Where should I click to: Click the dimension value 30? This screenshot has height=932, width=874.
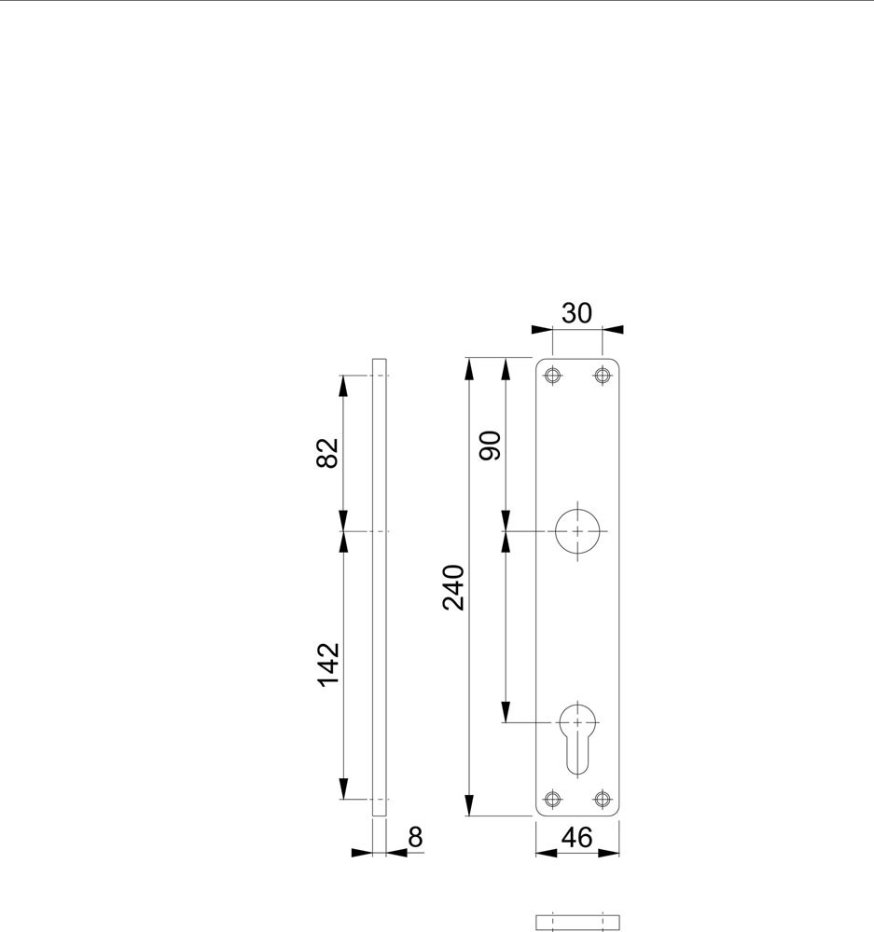576,313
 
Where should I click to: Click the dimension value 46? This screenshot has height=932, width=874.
576,838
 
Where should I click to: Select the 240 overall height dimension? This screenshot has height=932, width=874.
453,587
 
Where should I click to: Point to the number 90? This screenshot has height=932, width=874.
491,445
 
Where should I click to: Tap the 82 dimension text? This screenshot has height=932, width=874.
327,453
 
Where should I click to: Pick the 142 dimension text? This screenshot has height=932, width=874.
327,665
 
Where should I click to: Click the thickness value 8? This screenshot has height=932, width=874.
415,838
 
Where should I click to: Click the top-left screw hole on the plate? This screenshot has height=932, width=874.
553,376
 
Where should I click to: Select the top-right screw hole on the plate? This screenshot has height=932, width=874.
603,376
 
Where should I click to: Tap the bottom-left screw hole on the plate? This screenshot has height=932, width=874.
553,799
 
